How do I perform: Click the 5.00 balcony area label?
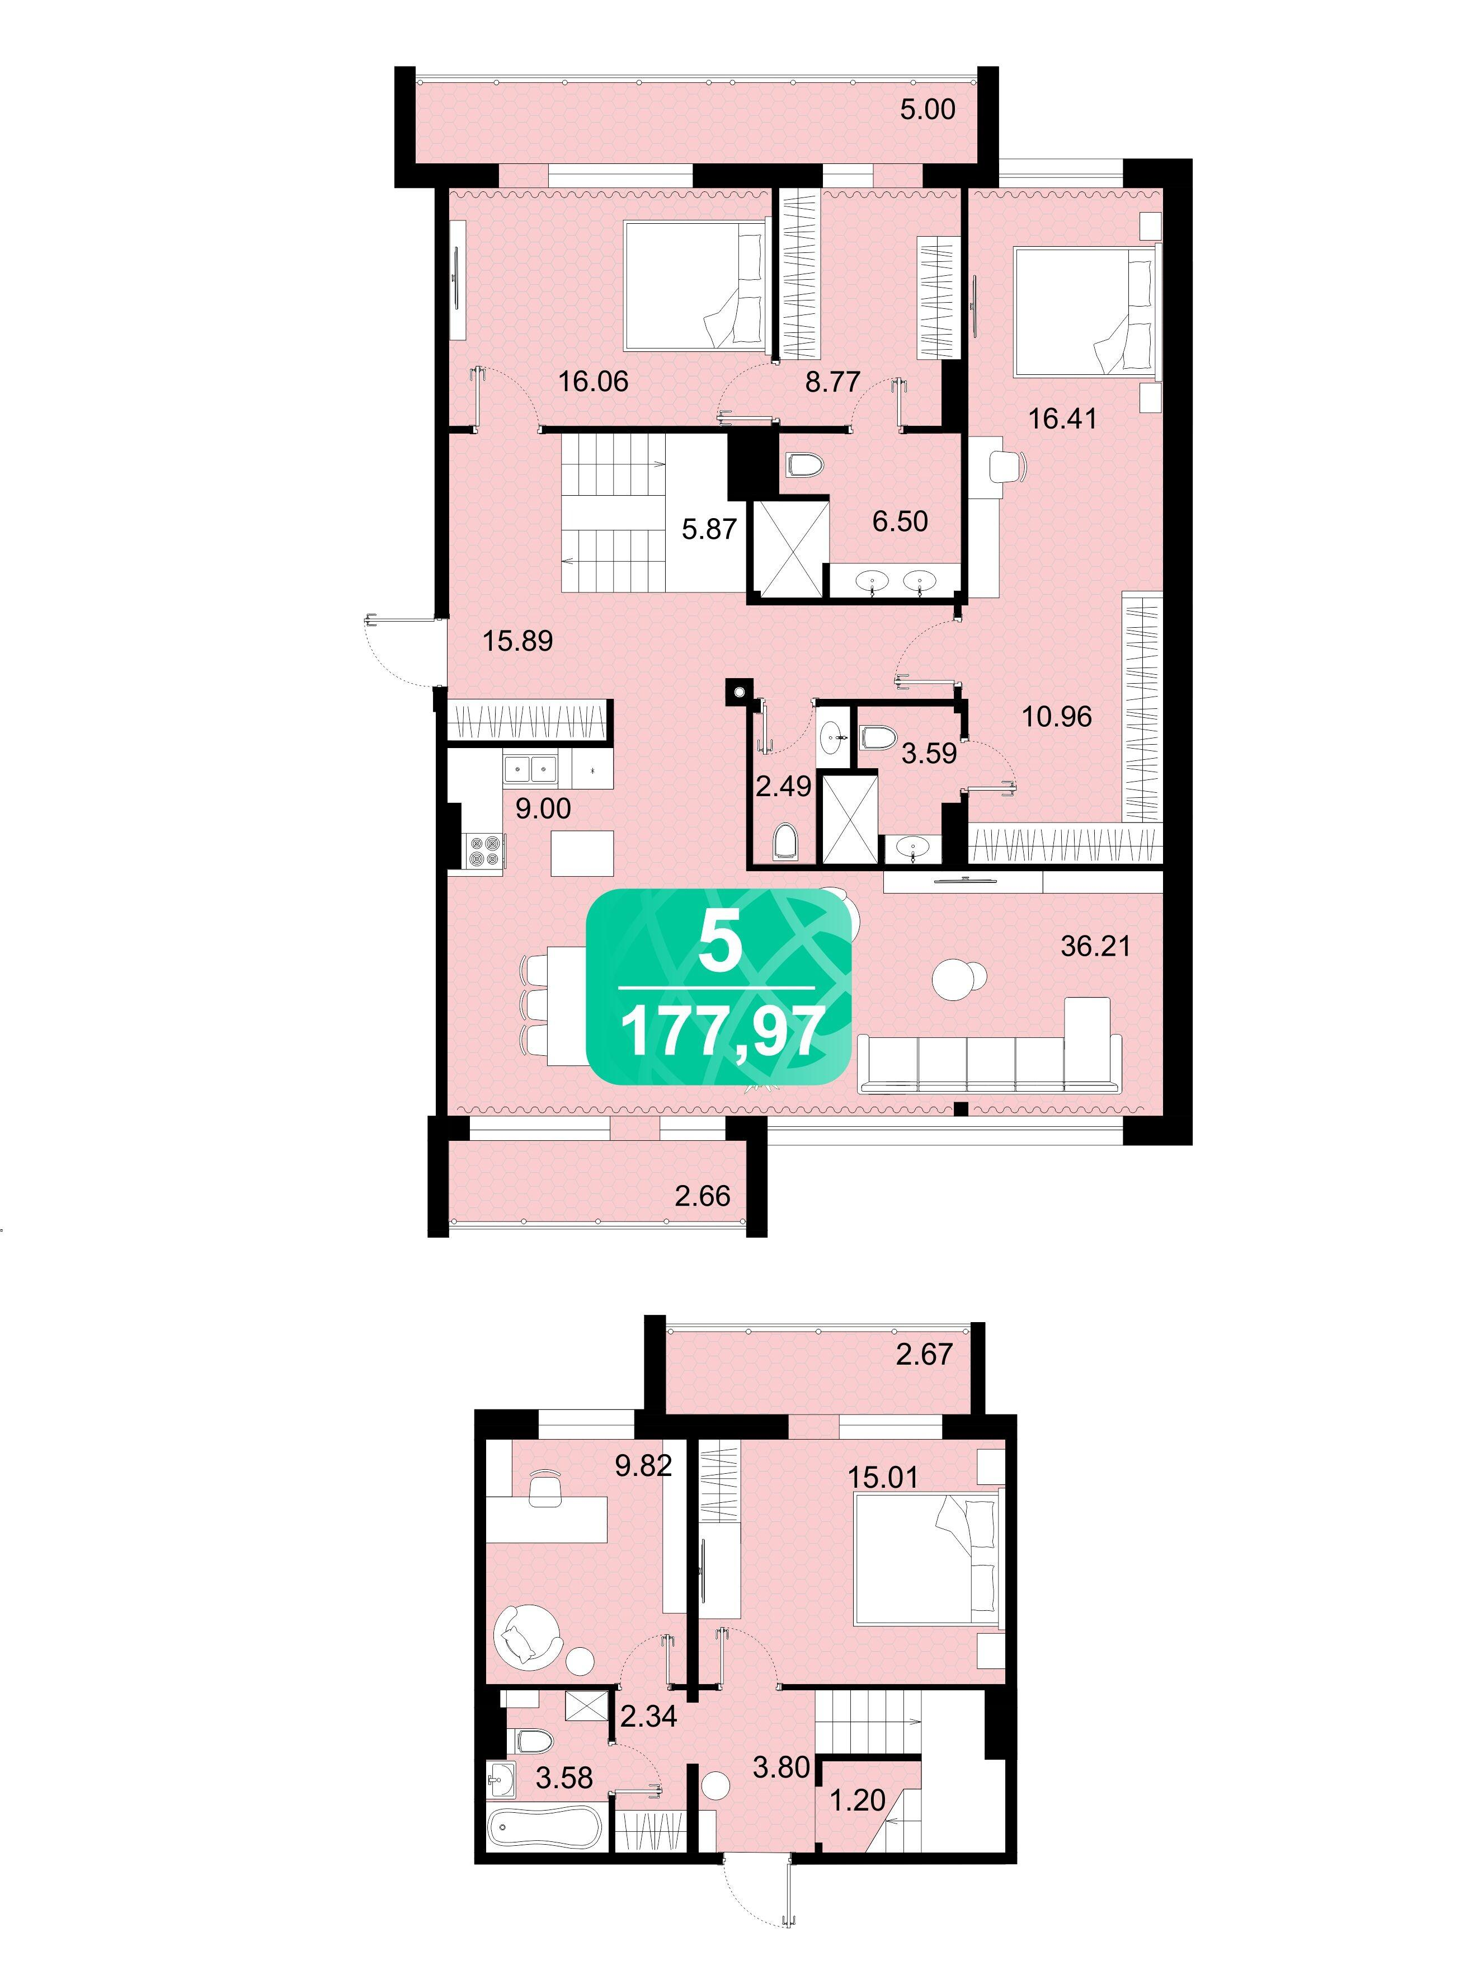928,109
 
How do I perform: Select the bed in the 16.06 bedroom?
696,285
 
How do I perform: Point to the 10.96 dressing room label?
1056,716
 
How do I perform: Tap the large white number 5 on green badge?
719,942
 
